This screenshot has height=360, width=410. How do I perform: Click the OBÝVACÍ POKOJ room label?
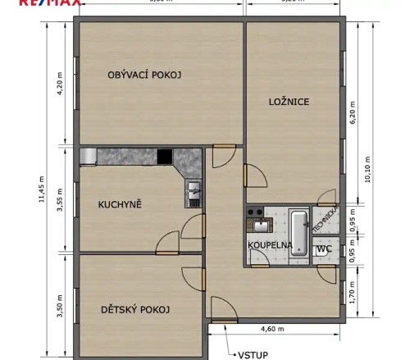[x=143, y=75]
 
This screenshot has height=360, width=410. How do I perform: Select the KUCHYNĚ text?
[x=120, y=204]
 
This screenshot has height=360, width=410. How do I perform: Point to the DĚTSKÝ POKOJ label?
[x=135, y=309]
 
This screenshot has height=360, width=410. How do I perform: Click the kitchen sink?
[x=194, y=194]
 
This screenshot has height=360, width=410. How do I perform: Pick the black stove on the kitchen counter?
[x=165, y=156]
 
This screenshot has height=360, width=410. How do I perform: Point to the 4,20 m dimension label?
[x=60, y=86]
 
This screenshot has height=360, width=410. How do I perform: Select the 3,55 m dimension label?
[x=60, y=201]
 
